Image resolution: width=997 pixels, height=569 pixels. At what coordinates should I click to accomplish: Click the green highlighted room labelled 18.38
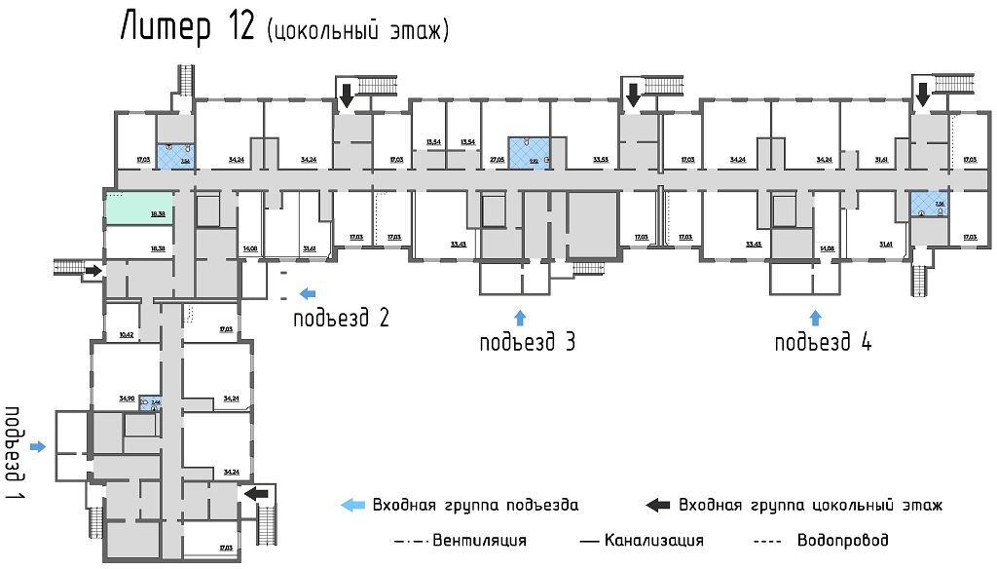pyautogui.click(x=139, y=208)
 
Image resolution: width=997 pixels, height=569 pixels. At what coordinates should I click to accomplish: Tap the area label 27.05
pyautogui.click(x=497, y=159)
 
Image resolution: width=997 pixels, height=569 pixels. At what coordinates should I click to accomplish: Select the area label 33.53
pyautogui.click(x=601, y=159)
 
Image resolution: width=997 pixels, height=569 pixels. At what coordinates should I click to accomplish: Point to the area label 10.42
pyautogui.click(x=126, y=335)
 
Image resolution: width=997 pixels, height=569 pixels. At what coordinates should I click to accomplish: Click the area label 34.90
pyautogui.click(x=126, y=398)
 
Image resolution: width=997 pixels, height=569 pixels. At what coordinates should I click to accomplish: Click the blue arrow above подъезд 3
pyautogui.click(x=519, y=317)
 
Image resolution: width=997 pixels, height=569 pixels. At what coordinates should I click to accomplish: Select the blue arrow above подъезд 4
pyautogui.click(x=816, y=317)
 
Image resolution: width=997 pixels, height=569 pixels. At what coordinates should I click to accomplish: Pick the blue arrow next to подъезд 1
pyautogui.click(x=38, y=446)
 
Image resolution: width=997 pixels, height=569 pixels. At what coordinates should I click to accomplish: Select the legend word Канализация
pyautogui.click(x=653, y=540)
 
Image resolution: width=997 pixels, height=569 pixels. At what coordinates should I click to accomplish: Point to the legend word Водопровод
pyautogui.click(x=842, y=540)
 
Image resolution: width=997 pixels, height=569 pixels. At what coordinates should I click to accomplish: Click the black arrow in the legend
pyautogui.click(x=659, y=505)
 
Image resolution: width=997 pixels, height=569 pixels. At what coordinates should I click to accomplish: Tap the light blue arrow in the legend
pyautogui.click(x=352, y=505)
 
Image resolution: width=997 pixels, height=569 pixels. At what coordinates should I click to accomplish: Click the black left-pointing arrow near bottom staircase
pyautogui.click(x=256, y=494)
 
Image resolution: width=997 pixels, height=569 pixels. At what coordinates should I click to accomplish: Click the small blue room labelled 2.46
pyautogui.click(x=149, y=401)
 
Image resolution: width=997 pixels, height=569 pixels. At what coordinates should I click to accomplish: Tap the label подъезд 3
pyautogui.click(x=528, y=342)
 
